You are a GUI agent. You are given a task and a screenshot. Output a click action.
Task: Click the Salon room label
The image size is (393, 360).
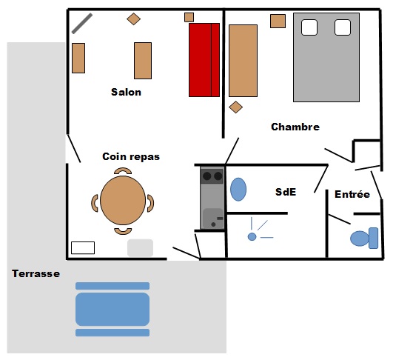(x=126, y=92)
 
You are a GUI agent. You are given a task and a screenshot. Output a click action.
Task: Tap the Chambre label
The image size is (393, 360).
(x=295, y=127)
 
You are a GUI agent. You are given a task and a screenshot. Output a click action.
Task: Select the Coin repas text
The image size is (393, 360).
(x=131, y=156)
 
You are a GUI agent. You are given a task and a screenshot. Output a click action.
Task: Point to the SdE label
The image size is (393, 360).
(x=286, y=192)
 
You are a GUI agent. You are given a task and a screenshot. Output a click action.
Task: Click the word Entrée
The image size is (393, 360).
(x=352, y=194)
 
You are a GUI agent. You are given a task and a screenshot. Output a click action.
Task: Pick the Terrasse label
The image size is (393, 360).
(x=36, y=273)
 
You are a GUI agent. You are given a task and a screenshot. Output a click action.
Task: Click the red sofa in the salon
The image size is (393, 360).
(x=204, y=60)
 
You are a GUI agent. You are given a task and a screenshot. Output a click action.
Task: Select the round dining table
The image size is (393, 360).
(x=123, y=200)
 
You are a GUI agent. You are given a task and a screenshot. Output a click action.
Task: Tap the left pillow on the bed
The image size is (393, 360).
(x=309, y=27)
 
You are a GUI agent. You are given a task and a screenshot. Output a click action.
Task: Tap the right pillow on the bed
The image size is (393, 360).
(x=343, y=27)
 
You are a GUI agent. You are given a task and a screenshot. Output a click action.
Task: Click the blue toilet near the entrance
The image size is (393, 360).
(x=364, y=238)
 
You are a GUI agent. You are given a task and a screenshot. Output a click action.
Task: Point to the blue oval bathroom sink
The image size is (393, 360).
(x=238, y=190)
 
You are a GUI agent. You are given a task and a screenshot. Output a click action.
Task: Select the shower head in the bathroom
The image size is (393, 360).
(x=252, y=236)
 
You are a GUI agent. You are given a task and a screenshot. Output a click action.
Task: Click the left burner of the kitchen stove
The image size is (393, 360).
(x=206, y=176)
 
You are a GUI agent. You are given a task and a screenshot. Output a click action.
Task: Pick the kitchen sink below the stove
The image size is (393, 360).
(x=213, y=219)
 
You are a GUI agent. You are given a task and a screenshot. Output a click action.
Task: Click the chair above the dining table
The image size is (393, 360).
(x=123, y=170)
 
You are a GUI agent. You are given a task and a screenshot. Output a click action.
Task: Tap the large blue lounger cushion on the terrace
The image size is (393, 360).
(x=112, y=309)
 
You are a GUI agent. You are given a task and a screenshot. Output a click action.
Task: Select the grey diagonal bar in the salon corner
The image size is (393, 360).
(x=82, y=23)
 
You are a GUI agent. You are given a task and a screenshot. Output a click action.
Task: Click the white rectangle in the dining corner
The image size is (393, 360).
(x=83, y=248)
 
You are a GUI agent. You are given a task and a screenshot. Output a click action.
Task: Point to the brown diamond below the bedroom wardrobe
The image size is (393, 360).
(x=235, y=107)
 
